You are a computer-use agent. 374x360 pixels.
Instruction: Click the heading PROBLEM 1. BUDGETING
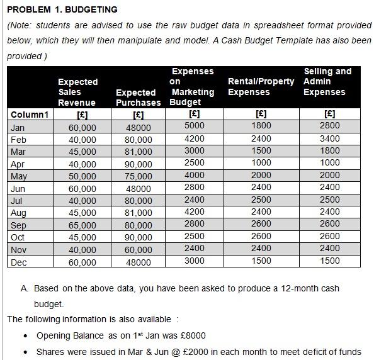pyautogui.click(x=62, y=9)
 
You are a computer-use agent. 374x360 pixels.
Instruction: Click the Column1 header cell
pyautogui.click(x=30, y=115)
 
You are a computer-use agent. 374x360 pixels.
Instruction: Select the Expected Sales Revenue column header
pyautogui.click(x=77, y=92)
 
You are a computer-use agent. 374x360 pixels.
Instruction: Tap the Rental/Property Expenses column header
pyautogui.click(x=261, y=87)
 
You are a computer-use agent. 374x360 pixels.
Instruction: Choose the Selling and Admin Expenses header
pyautogui.click(x=327, y=82)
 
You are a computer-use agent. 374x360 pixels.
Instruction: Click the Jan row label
pyautogui.click(x=18, y=127)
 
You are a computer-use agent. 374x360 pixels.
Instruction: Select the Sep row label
pyautogui.click(x=19, y=225)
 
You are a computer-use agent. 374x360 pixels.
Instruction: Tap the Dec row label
pyautogui.click(x=19, y=262)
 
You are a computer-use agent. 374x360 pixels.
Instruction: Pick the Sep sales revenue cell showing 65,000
pyautogui.click(x=82, y=226)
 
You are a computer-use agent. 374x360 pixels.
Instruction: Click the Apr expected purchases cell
pyautogui.click(x=139, y=164)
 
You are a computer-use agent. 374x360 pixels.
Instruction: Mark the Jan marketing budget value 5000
pyautogui.click(x=194, y=126)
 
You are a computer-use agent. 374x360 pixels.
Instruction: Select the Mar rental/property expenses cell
pyautogui.click(x=261, y=150)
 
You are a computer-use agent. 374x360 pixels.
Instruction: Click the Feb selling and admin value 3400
pyautogui.click(x=329, y=138)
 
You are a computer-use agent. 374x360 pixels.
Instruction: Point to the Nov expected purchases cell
pyautogui.click(x=139, y=250)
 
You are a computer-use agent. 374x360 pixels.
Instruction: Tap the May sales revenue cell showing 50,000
pyautogui.click(x=82, y=176)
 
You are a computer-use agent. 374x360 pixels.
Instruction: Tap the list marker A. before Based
pyautogui.click(x=25, y=288)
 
